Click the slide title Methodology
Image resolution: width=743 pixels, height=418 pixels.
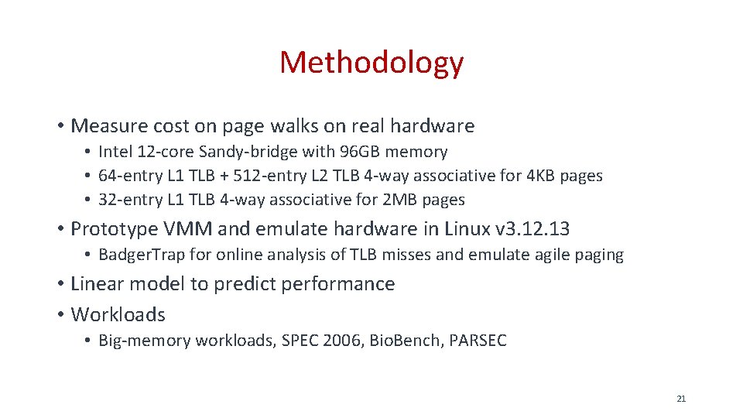371,62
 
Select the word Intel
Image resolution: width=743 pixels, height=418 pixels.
115,152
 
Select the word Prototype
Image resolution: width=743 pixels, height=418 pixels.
114,229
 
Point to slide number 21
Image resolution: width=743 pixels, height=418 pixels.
681,399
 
